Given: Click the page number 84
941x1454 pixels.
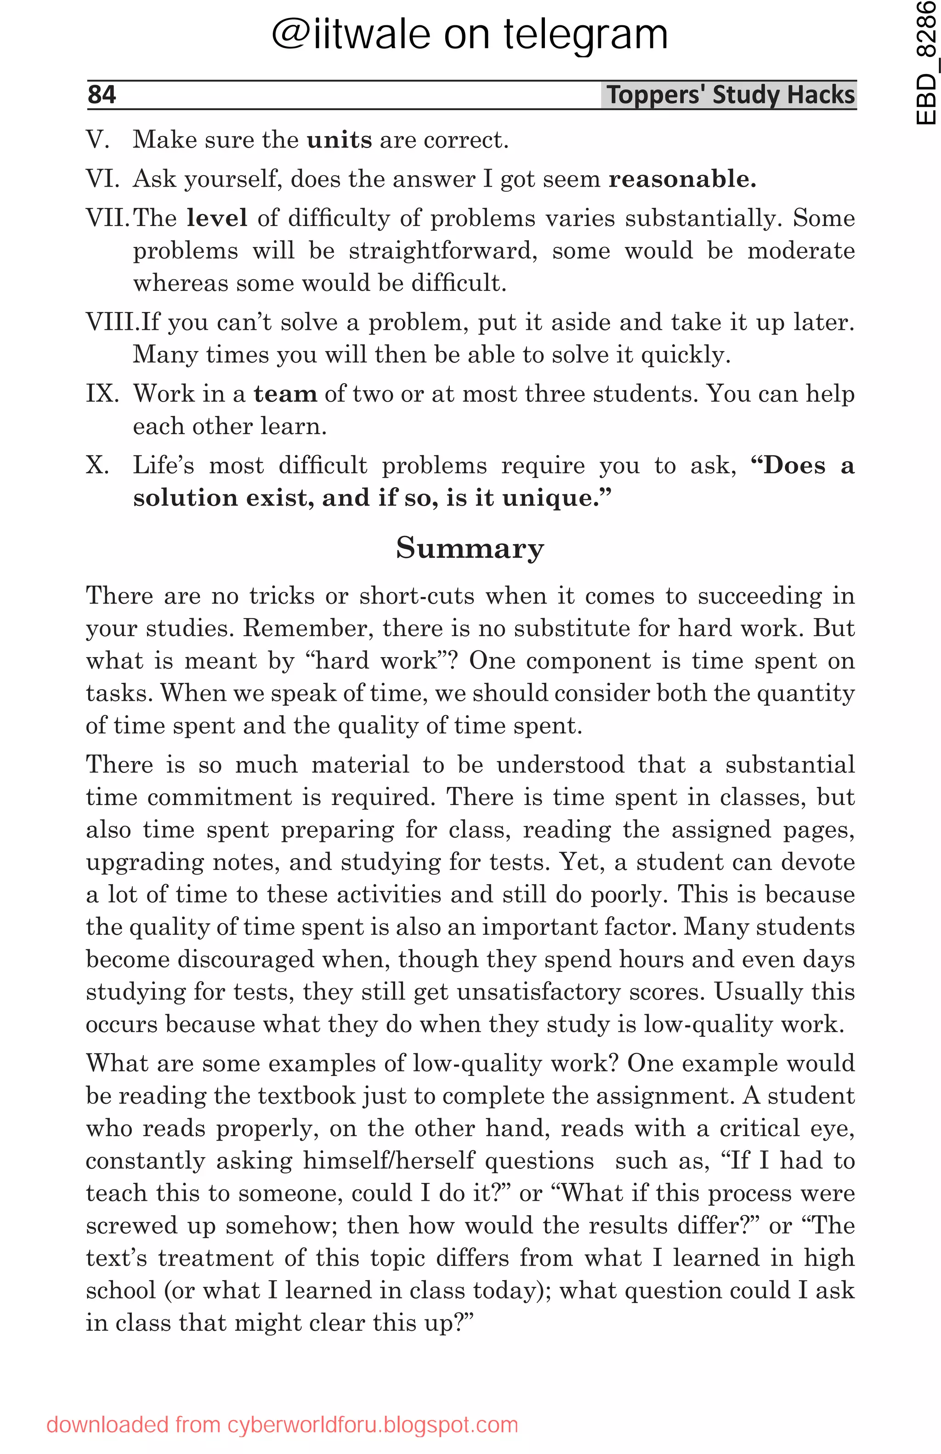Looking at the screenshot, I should (102, 95).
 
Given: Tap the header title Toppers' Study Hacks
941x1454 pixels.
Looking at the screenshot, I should (730, 95).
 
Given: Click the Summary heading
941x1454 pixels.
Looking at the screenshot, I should (470, 547).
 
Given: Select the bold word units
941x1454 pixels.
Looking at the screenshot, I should (339, 140).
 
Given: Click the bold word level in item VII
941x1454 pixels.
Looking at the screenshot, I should (217, 218).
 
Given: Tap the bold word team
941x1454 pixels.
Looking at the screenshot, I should (285, 393).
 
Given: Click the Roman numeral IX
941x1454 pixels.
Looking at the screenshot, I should (102, 393).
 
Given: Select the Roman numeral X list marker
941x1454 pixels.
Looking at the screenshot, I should (98, 466).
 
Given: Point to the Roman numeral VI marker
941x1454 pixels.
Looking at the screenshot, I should (102, 179).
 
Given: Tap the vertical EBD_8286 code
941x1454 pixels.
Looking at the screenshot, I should (926, 64).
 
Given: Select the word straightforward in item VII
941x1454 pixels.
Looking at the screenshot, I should (443, 250).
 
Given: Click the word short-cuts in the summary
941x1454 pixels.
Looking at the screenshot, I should (416, 596).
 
